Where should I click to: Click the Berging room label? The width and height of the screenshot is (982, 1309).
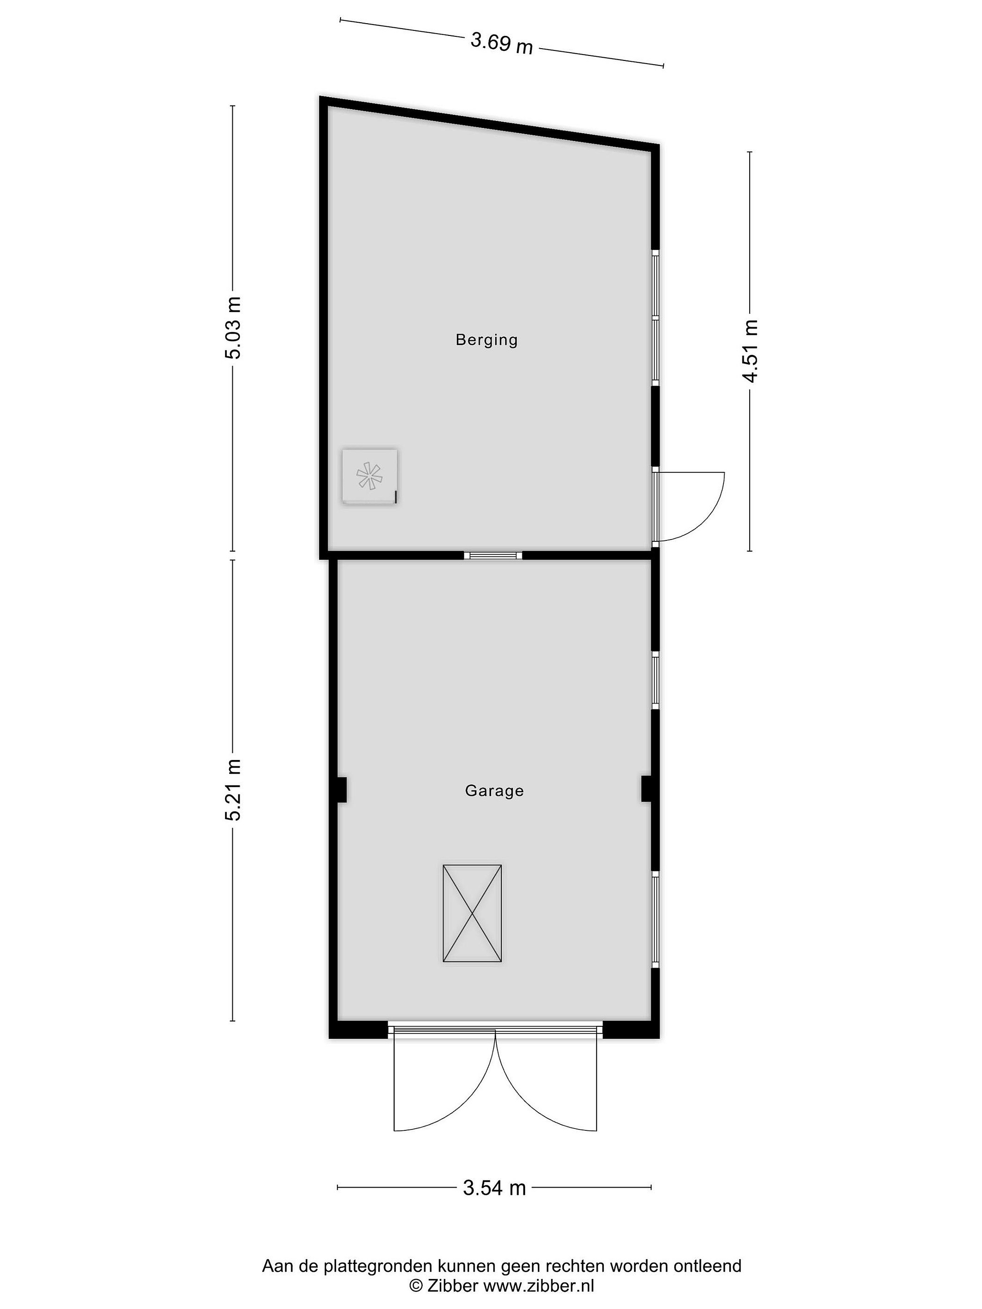point(486,340)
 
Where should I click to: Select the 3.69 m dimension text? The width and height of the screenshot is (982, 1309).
point(501,43)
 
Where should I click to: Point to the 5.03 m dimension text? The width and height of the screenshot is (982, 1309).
point(233,327)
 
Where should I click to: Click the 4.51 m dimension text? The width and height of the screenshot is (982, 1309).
point(751,351)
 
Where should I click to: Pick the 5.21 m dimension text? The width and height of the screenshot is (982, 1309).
point(233,789)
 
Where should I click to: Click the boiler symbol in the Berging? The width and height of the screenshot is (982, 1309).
point(369,476)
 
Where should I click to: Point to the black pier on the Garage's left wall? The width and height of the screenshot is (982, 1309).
point(341,789)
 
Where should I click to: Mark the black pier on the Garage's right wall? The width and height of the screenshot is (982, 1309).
point(646,789)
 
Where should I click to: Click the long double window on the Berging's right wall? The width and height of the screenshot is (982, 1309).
point(655,318)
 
